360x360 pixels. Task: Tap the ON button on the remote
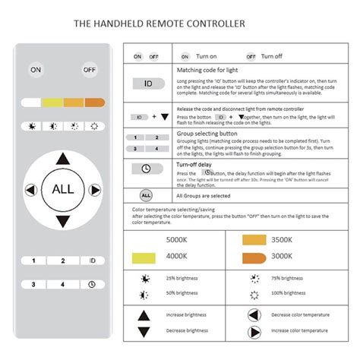point(36,69)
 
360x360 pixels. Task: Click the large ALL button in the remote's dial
point(63,188)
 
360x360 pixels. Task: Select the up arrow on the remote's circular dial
point(63,157)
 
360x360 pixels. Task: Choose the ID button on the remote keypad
point(92,261)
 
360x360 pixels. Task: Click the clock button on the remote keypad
point(92,285)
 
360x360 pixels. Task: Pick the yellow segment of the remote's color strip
point(52,103)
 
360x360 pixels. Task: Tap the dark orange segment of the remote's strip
point(94,103)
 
